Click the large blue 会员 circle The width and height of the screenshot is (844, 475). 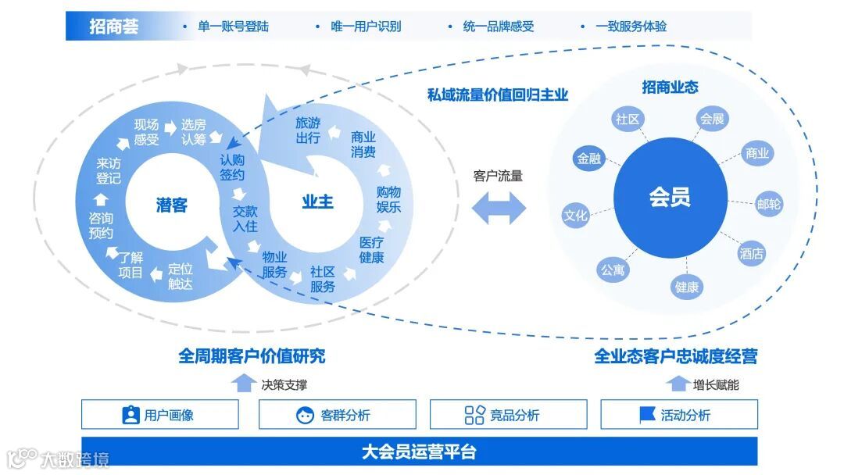(x=669, y=197)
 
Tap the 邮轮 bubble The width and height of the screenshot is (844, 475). (x=769, y=204)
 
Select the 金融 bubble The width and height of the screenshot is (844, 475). (x=589, y=159)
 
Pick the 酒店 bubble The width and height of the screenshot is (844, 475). (x=752, y=253)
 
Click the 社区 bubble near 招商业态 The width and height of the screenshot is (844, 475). (x=628, y=120)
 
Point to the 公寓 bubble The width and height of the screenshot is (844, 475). (x=613, y=270)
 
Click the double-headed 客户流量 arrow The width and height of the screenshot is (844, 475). (x=498, y=206)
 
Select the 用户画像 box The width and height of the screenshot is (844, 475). (x=159, y=415)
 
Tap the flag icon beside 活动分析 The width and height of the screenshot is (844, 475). (x=647, y=415)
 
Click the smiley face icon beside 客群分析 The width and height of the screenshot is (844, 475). (x=305, y=415)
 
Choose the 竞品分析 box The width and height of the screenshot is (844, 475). (x=508, y=415)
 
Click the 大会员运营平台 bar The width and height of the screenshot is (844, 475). (x=419, y=452)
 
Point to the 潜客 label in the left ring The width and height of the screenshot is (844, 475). (x=171, y=205)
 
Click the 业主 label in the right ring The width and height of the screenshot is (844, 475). (x=317, y=202)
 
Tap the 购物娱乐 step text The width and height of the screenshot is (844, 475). (x=388, y=199)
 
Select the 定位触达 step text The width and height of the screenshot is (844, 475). (x=180, y=276)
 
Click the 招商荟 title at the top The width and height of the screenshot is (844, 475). (x=114, y=27)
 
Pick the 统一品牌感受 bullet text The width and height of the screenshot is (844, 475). (x=498, y=27)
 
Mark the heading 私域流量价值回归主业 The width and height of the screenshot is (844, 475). (x=497, y=95)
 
